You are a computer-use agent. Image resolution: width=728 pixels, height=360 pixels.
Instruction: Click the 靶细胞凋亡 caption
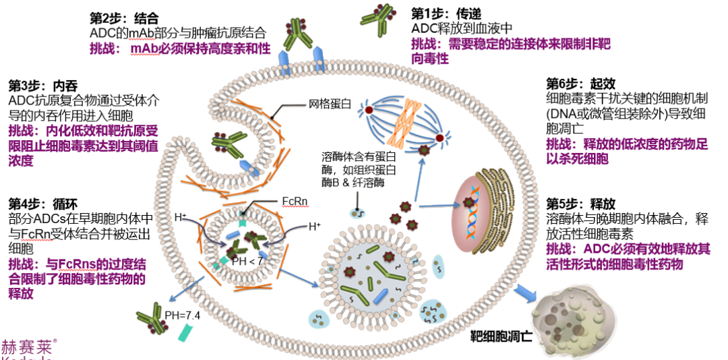point(502,334)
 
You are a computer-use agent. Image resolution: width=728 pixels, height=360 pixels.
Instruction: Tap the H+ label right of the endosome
point(314,227)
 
